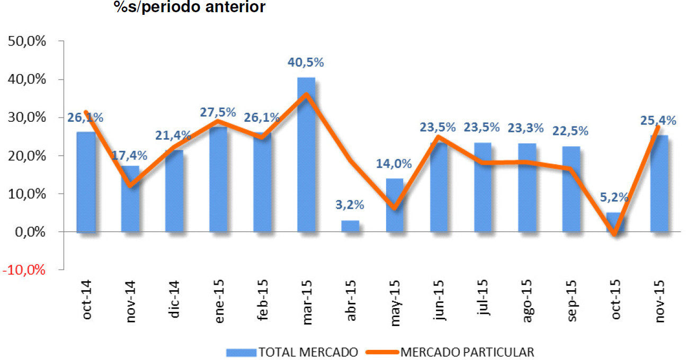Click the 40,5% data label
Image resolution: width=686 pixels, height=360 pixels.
point(306,62)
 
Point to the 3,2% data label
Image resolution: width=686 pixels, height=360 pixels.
point(350,205)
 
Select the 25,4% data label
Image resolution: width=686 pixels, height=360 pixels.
point(658,121)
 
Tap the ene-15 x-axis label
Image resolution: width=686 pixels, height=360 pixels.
point(218,300)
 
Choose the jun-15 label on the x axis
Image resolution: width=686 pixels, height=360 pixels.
point(439,300)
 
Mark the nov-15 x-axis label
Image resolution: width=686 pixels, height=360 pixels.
point(660,300)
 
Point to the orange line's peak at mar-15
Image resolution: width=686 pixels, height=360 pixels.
point(306,95)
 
